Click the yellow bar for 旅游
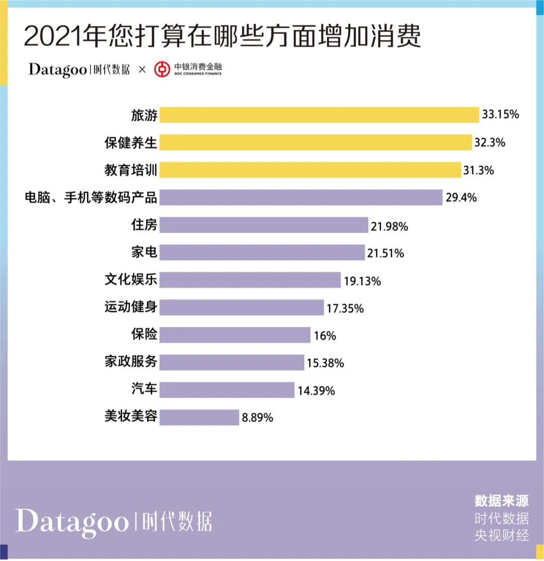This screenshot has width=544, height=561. click(319, 115)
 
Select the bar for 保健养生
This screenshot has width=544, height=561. click(316, 143)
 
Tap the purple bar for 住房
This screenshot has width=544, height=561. click(264, 225)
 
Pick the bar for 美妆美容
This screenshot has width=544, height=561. click(199, 417)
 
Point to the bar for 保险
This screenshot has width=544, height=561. click(235, 335)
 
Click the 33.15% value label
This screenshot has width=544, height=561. click(500, 115)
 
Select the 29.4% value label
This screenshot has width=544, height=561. click(461, 197)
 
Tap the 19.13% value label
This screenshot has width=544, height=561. click(363, 281)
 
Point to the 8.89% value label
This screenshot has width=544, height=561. click(257, 417)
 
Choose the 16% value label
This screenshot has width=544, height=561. click(325, 335)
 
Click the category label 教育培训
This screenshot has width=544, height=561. click(131, 170)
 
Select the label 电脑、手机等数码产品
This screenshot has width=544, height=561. click(91, 197)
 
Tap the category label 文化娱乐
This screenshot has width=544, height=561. click(131, 279)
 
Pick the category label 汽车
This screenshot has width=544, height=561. click(144, 389)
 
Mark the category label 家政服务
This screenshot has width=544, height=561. click(131, 362)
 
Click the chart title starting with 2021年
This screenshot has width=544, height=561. click(222, 36)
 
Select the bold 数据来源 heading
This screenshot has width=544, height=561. click(502, 501)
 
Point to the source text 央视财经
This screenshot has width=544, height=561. click(502, 535)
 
